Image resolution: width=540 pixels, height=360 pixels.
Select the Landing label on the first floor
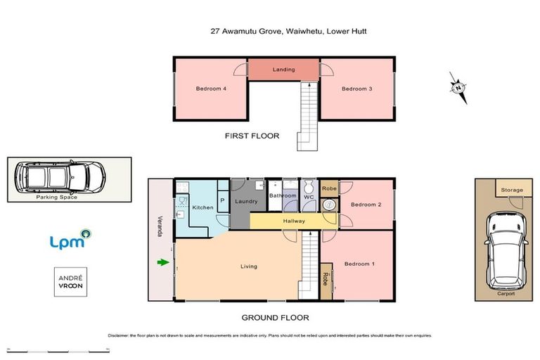(x=284, y=70)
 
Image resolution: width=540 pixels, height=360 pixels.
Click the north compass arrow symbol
(x=458, y=88)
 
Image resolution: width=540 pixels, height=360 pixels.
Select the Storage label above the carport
(x=511, y=190)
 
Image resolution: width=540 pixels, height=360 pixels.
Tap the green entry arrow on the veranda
(x=163, y=263)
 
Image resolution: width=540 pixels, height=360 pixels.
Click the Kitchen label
(x=202, y=207)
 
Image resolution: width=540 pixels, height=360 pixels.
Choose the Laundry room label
(x=246, y=202)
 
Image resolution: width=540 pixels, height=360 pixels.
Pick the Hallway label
(x=294, y=221)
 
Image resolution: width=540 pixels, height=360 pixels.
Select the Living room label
(x=247, y=266)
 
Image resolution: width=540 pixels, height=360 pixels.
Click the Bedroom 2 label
(x=365, y=205)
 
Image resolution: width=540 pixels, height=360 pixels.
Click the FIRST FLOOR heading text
(x=252, y=136)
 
